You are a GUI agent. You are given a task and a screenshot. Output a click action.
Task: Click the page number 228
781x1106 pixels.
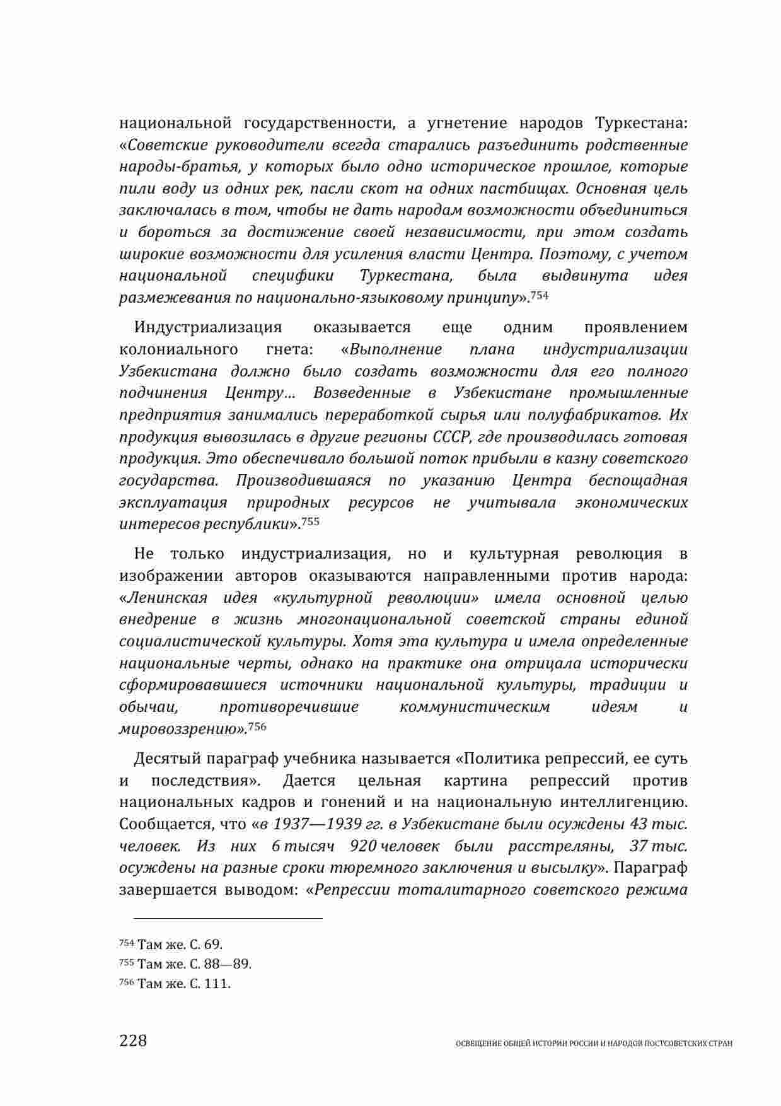click(133, 1040)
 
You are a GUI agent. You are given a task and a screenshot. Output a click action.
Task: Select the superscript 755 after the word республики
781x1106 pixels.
click(311, 521)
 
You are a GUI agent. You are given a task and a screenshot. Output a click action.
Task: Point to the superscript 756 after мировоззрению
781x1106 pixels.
click(257, 726)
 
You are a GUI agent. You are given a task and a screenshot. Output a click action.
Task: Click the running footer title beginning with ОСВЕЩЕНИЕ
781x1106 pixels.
click(593, 1044)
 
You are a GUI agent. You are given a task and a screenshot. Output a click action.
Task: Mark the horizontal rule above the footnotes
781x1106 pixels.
click(221, 918)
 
